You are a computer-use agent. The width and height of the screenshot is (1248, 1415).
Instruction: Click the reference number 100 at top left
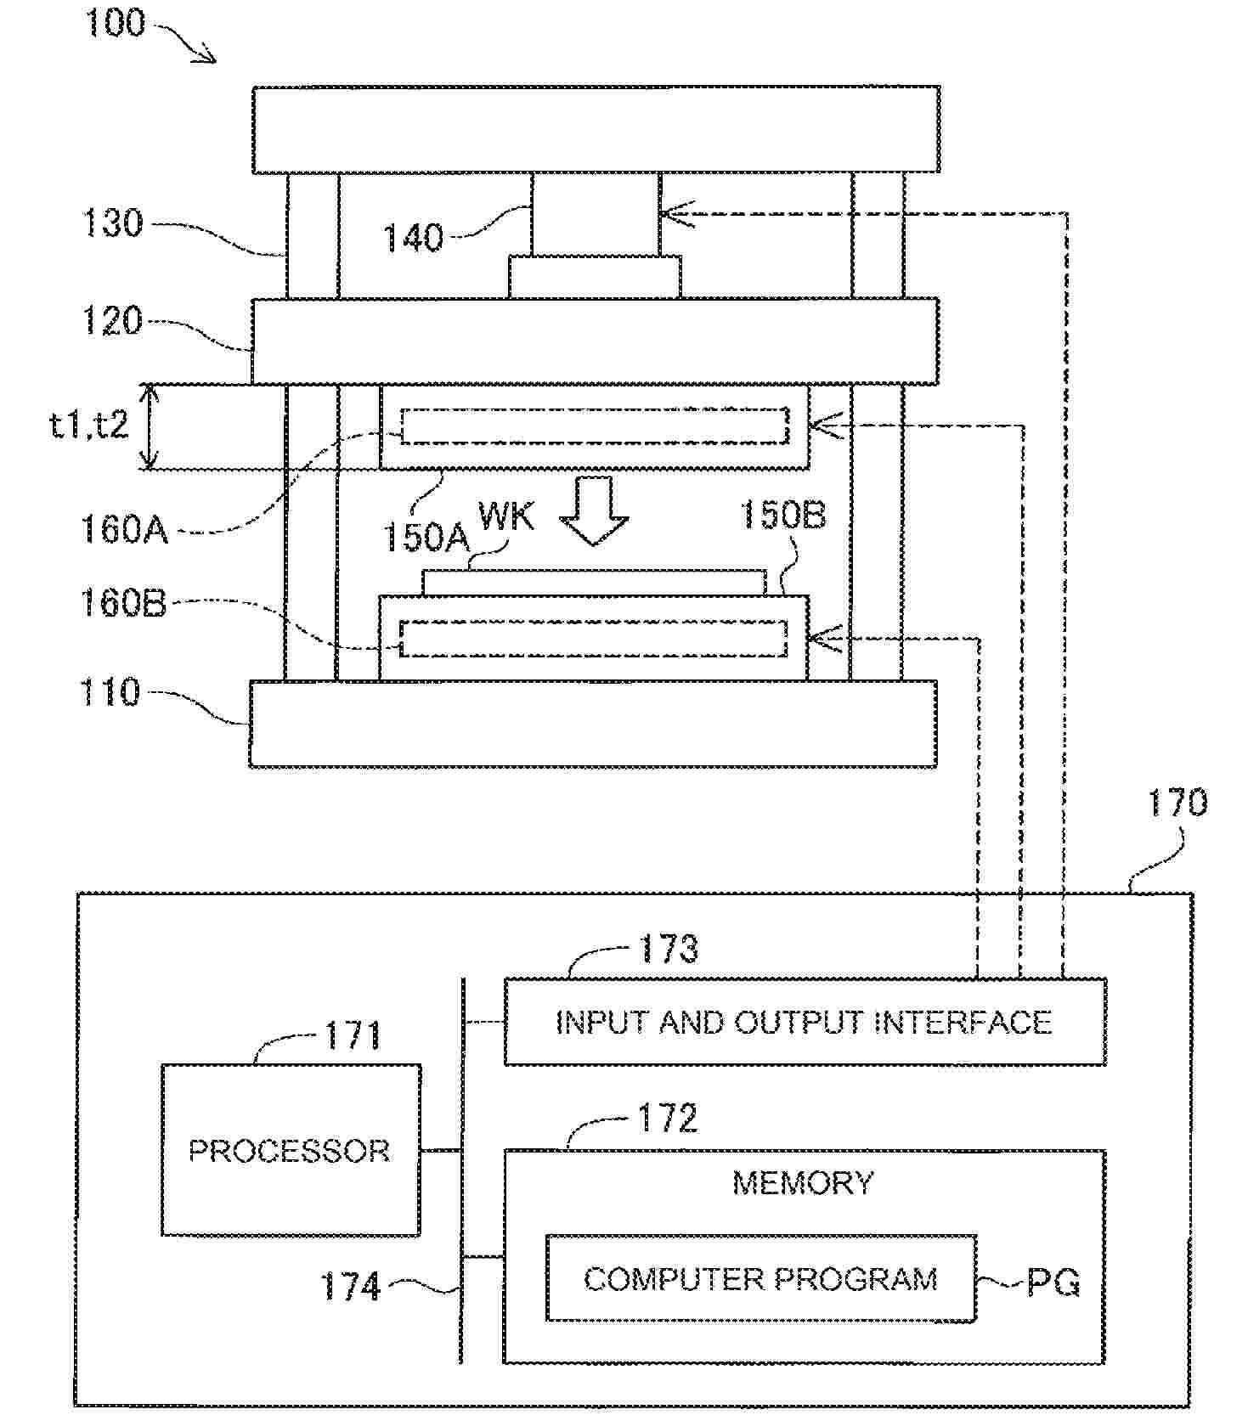[115, 23]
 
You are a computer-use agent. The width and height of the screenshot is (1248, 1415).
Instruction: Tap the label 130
[112, 223]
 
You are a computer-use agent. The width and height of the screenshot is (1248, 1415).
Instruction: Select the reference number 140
[413, 238]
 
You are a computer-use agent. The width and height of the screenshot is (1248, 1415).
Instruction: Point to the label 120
[111, 322]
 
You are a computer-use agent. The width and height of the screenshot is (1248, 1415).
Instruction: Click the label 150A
[425, 537]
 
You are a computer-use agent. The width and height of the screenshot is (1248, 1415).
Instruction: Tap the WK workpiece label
[506, 516]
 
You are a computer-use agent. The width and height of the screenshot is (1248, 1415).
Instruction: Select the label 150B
[782, 515]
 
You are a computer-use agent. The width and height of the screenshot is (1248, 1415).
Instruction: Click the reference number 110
[110, 692]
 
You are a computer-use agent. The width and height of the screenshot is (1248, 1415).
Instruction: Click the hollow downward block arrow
[594, 510]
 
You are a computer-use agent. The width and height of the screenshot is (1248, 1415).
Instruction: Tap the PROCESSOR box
[291, 1150]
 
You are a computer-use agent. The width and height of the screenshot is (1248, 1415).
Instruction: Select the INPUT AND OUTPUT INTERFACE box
[805, 1022]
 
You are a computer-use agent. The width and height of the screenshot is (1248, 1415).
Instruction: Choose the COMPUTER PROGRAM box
[760, 1278]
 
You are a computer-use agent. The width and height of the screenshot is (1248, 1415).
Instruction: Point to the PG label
[1053, 1282]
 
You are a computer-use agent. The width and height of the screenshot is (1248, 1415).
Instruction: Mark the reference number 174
[350, 1287]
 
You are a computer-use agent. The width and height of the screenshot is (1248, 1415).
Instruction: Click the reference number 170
[1177, 803]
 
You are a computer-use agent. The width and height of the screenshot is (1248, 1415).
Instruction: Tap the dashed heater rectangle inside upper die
[595, 426]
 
